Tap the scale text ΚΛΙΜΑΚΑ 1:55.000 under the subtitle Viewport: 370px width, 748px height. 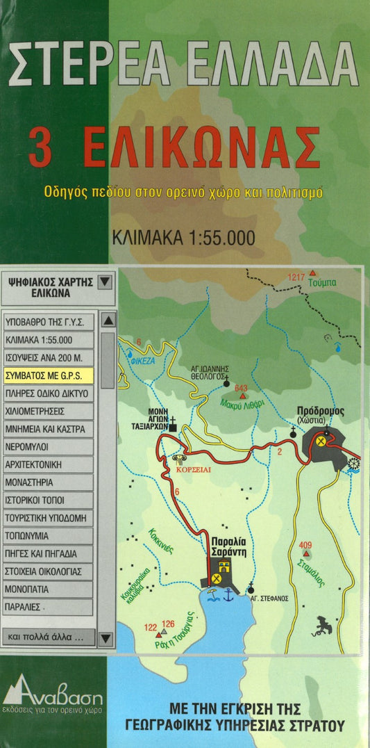point(183,238)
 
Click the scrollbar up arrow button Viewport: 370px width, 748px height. point(108,320)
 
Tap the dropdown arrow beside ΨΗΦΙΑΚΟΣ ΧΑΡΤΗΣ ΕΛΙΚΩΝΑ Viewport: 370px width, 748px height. point(104,282)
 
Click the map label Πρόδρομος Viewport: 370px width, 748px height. point(320,411)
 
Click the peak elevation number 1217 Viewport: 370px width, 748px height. point(296,277)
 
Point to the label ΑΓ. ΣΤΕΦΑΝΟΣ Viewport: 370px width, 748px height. point(269,598)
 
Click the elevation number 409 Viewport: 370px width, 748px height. point(306,545)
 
